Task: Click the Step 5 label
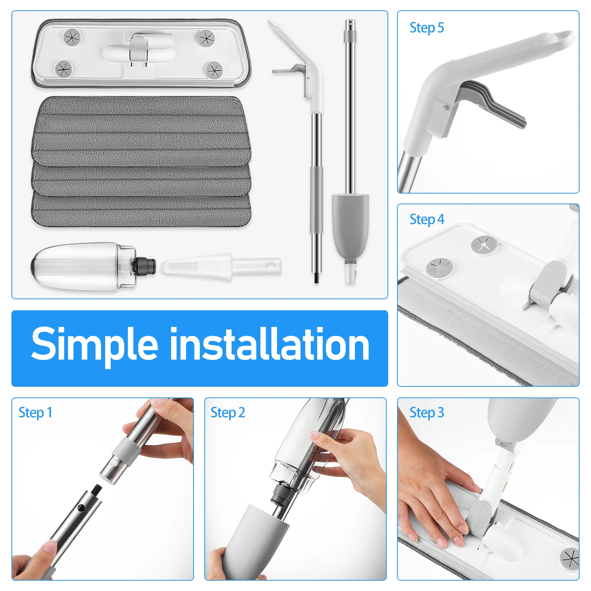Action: [426, 28]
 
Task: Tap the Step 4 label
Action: [426, 219]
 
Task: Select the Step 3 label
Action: [426, 413]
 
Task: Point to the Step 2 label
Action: [228, 413]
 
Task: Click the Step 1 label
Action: [35, 413]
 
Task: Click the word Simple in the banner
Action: [95, 345]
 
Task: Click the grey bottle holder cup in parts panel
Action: [350, 225]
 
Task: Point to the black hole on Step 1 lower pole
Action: [81, 508]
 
